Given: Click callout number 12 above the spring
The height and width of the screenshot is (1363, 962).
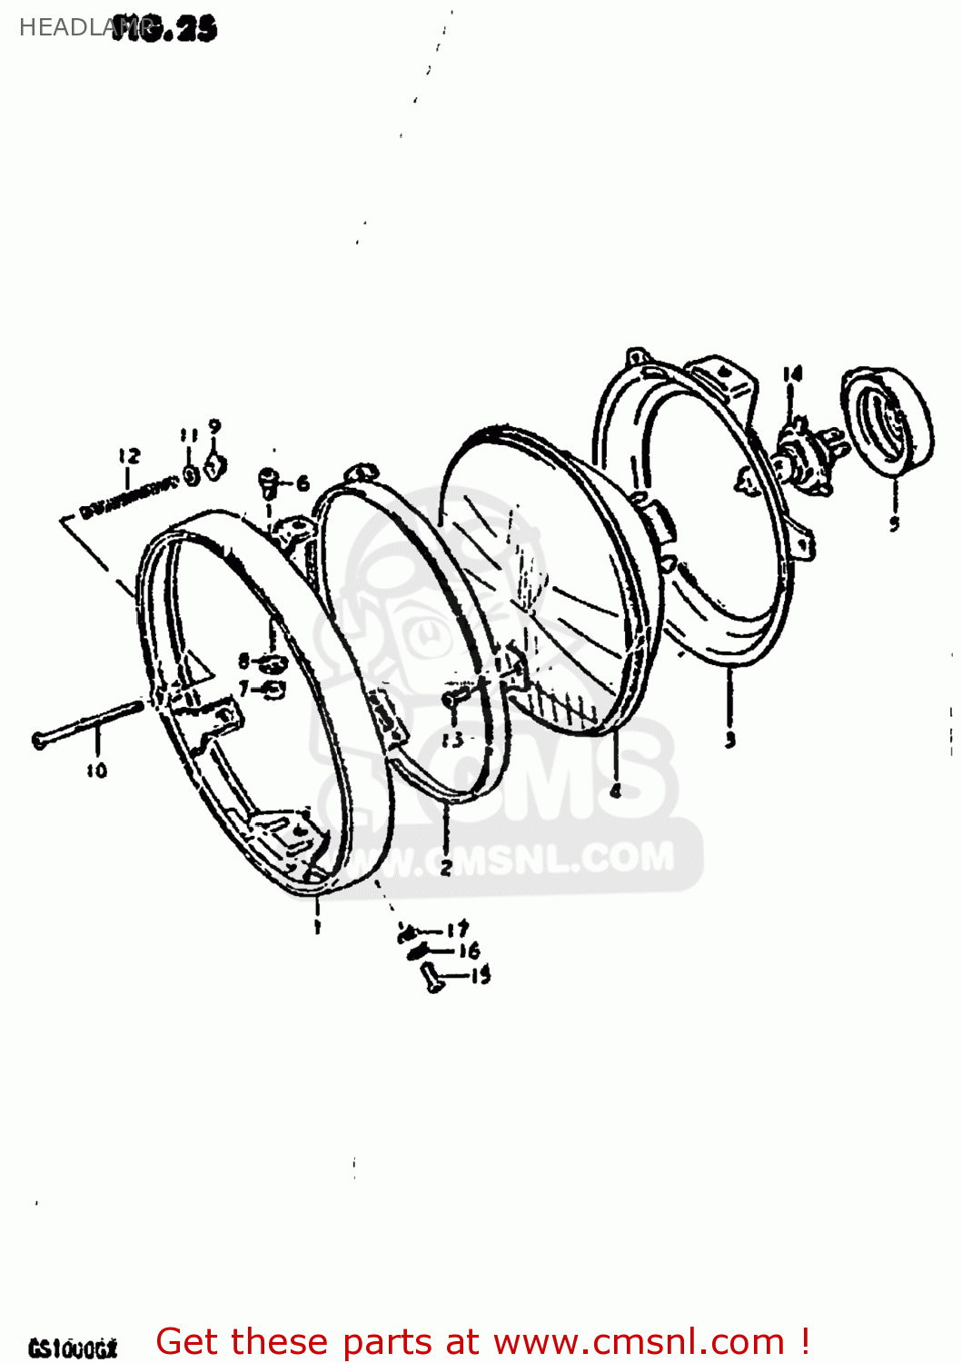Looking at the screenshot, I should [x=129, y=456].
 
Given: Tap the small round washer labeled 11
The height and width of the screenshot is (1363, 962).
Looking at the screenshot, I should [x=192, y=475].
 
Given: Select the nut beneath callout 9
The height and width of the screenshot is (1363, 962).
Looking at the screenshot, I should [x=214, y=467].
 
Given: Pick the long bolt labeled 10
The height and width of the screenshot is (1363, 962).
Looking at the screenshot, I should [x=86, y=723].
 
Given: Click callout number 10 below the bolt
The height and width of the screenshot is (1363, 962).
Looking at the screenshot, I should [x=97, y=771].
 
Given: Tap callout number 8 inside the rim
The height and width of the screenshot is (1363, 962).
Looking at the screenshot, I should [x=243, y=661].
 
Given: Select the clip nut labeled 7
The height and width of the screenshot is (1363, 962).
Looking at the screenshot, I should [x=272, y=689].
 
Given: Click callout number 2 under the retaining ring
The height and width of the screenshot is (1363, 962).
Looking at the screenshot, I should [x=446, y=868].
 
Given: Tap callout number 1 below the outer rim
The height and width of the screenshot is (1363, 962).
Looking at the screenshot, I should [x=317, y=926].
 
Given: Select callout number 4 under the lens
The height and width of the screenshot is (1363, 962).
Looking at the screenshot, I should [x=616, y=791].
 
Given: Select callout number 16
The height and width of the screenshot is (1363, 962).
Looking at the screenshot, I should [x=469, y=951].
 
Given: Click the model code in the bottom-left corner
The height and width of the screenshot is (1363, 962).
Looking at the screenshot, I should [x=73, y=1348].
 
